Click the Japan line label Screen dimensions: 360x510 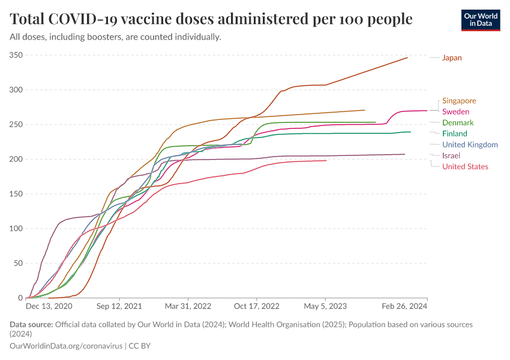click(452, 58)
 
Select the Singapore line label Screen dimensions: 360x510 click(459, 101)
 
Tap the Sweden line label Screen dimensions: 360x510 click(455, 112)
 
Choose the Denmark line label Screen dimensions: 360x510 click(458, 122)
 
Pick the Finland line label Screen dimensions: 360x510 click(455, 133)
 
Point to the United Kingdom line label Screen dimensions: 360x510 click(470, 145)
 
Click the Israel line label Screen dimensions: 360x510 click(451, 155)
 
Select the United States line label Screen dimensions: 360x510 click(465, 166)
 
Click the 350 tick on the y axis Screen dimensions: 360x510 click(16, 55)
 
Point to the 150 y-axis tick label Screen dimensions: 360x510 click(16, 194)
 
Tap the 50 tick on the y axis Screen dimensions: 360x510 click(17, 263)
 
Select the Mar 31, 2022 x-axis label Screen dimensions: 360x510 click(188, 306)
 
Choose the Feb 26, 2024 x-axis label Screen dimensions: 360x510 click(406, 306)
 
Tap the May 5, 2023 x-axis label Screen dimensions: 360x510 click(325, 306)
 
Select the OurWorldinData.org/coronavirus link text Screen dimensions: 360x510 click(65, 346)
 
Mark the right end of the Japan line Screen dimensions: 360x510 click(407, 58)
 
